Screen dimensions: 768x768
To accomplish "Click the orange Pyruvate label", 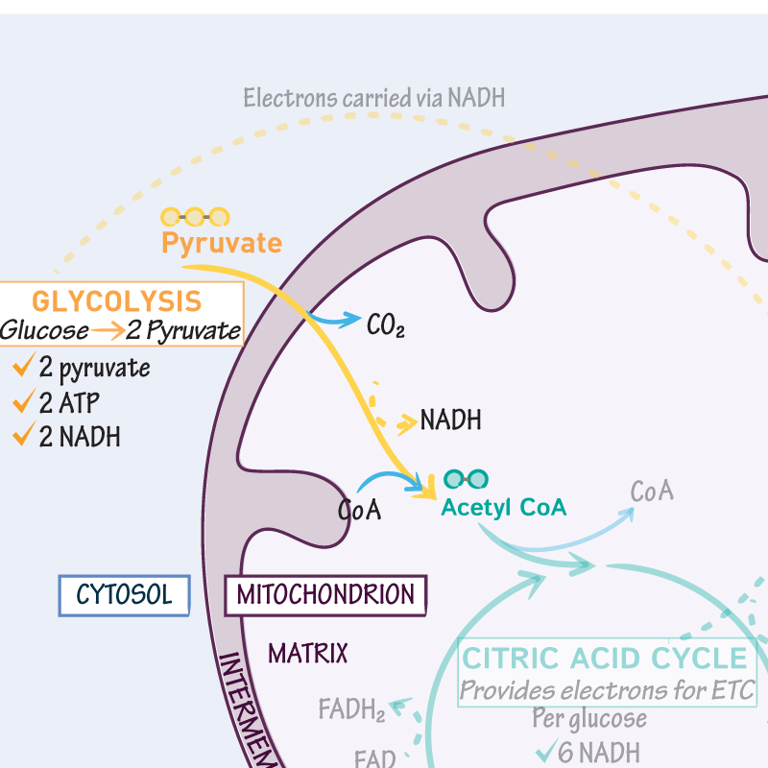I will click(222, 243).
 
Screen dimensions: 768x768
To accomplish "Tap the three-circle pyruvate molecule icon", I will click(195, 217).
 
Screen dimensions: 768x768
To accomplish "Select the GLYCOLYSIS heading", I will click(117, 300).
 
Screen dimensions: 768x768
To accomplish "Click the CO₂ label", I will click(385, 325).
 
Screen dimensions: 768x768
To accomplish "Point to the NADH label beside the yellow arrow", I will click(450, 420).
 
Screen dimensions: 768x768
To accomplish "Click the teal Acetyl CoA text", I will click(503, 508).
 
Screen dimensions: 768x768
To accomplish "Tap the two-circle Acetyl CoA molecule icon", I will click(467, 479).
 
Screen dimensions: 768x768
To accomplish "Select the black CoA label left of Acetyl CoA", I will click(360, 510).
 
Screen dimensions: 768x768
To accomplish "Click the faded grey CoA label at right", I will click(652, 492).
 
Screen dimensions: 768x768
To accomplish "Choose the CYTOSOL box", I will click(124, 595).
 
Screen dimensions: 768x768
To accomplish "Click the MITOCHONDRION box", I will click(325, 595).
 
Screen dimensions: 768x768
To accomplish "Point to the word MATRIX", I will click(307, 655).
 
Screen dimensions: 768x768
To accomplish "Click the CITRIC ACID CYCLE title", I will click(606, 659).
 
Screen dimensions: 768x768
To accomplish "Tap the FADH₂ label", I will click(351, 711).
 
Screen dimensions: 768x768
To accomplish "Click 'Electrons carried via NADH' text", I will click(373, 98).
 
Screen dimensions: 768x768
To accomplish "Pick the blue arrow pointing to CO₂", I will click(334, 318).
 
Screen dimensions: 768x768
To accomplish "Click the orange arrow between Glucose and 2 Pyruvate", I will click(105, 332).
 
